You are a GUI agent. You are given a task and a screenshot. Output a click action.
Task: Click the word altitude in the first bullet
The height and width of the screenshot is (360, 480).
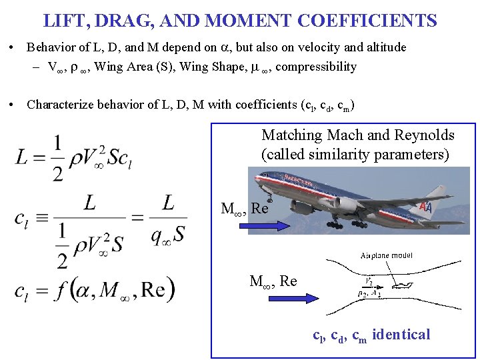(383, 47)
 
